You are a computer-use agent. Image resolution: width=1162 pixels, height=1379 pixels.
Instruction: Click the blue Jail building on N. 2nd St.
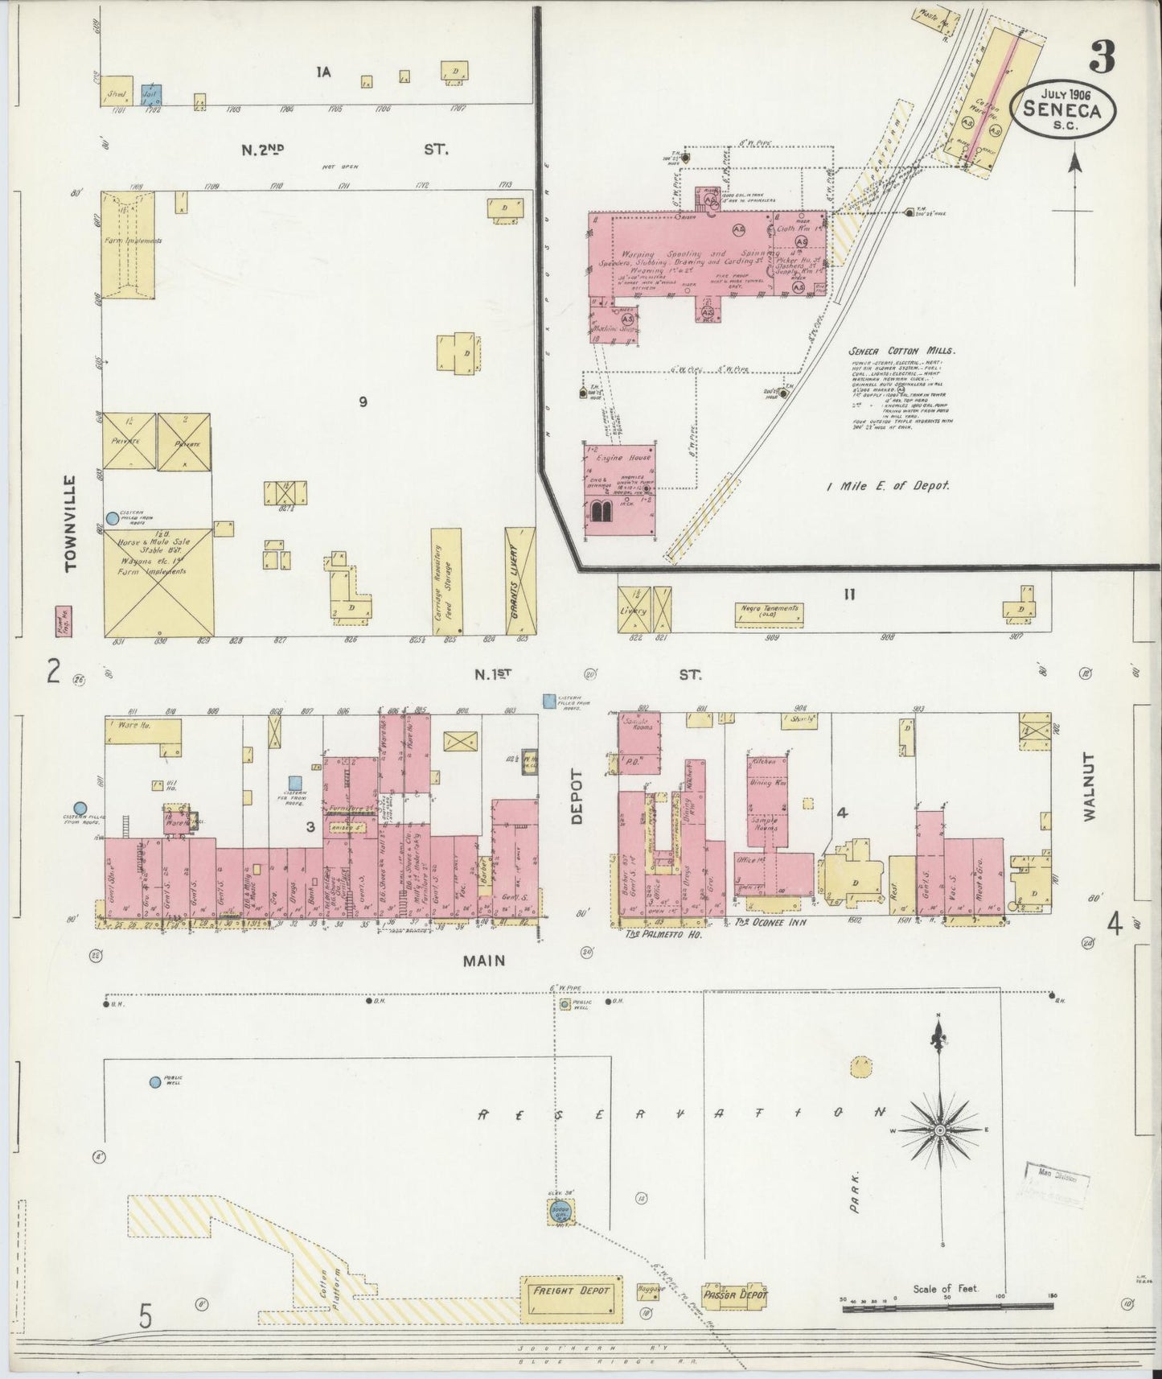(152, 94)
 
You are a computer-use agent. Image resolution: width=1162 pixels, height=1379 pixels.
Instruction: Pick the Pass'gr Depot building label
(734, 1295)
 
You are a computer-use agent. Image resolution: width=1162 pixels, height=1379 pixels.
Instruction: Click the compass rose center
(938, 1130)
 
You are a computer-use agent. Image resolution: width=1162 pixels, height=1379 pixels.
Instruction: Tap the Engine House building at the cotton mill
(619, 490)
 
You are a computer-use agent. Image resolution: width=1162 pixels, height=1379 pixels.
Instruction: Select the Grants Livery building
(520, 581)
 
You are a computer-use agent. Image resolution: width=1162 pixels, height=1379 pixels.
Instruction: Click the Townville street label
(72, 523)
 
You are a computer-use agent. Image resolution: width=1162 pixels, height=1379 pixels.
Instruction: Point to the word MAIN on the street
(483, 960)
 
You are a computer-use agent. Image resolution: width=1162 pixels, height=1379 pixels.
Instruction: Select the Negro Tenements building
(770, 614)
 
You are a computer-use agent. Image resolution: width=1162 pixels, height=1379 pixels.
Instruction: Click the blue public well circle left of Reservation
(154, 1082)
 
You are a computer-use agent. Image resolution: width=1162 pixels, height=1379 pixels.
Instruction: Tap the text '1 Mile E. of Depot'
(888, 486)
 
